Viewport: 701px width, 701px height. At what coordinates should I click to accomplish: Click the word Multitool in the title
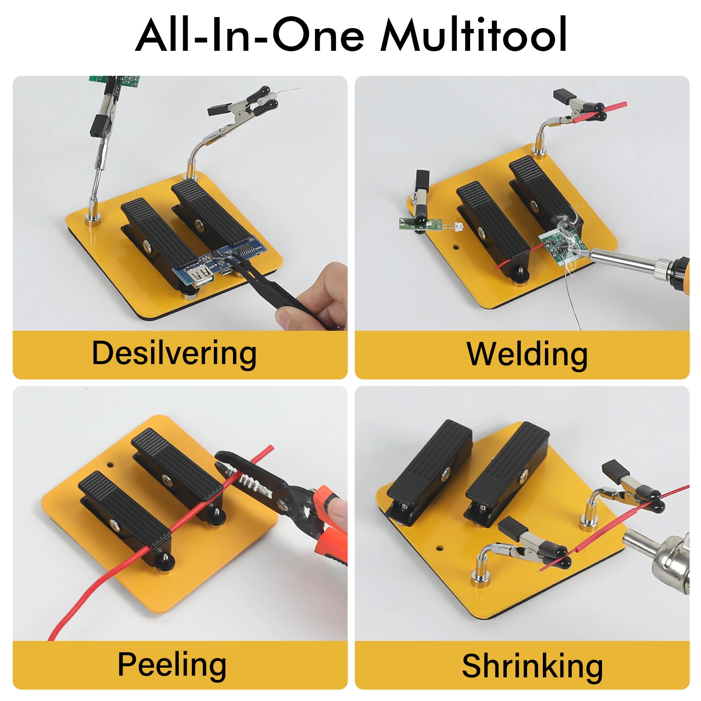(x=473, y=35)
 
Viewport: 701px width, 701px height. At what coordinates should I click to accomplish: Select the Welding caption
(x=527, y=354)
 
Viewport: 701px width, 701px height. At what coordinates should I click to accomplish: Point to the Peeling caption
(x=172, y=664)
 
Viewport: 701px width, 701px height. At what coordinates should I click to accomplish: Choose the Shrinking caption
(x=532, y=666)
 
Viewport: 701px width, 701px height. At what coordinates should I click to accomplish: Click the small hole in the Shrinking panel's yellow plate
(x=439, y=548)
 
